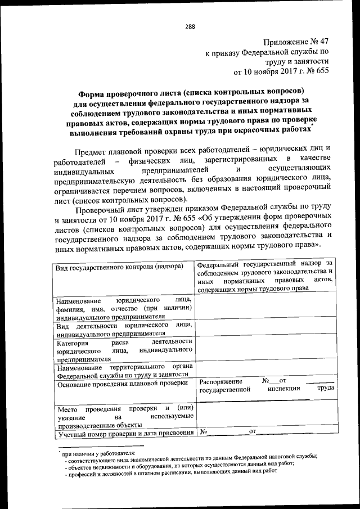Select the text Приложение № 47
pyautogui.click(x=295, y=42)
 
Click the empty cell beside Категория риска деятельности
pyautogui.click(x=265, y=349)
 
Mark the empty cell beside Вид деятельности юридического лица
pyautogui.click(x=265, y=329)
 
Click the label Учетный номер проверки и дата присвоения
pyautogui.click(x=125, y=433)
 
